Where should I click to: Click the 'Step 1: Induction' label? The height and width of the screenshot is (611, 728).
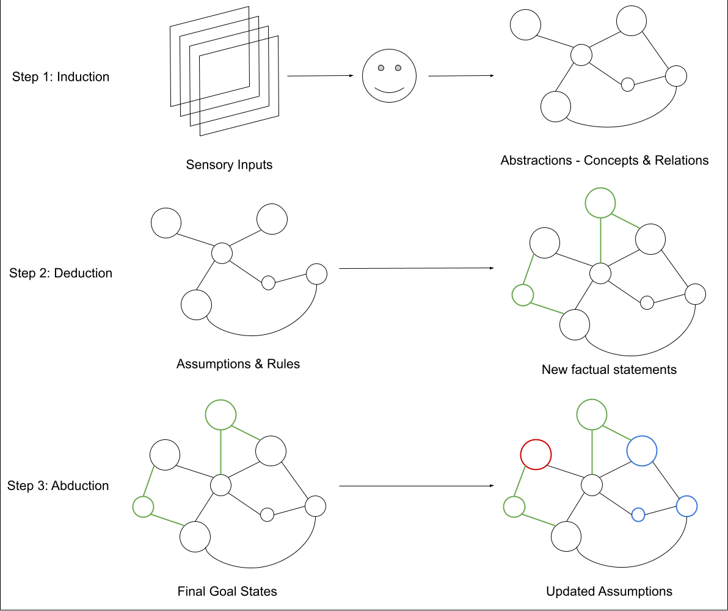coord(61,76)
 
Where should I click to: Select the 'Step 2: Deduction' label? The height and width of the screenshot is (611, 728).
coord(61,273)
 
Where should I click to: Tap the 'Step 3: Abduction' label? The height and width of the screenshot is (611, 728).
coord(58,486)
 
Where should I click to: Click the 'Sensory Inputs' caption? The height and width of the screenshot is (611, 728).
coord(230,164)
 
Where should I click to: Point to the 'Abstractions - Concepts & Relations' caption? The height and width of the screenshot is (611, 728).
coord(605,160)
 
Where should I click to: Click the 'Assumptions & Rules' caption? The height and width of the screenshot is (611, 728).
coord(238,364)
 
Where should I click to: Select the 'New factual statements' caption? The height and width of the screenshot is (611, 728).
coord(609,370)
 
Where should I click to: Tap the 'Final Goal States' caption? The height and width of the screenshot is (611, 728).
coord(227,591)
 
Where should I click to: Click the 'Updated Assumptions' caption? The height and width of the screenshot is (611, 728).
coord(609,591)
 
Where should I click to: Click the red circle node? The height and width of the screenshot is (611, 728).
coord(536,439)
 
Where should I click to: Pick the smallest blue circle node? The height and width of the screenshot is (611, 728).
coord(638,508)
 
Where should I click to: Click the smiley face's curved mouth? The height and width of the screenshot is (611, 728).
coord(389,91)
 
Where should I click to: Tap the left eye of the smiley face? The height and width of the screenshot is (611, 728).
coord(381,68)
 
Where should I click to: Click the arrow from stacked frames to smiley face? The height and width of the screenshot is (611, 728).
coord(321,76)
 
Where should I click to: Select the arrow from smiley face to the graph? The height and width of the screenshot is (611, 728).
coord(461,76)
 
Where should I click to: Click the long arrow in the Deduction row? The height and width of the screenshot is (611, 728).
coord(417,268)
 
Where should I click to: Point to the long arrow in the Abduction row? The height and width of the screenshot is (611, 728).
coord(417,486)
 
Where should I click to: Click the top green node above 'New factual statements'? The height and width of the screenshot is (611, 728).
coord(600,188)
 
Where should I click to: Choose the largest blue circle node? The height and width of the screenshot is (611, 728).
coord(642,436)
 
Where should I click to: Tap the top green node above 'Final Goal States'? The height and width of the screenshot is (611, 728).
coord(220,400)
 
